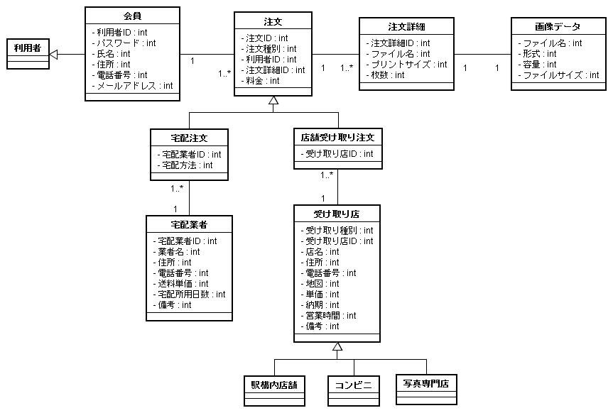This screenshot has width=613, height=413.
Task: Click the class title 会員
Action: click(132, 16)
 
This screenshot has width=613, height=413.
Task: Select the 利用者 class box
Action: click(28, 54)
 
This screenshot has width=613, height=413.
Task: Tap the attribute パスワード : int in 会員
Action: click(124, 43)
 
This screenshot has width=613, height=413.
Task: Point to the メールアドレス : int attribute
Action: click(132, 86)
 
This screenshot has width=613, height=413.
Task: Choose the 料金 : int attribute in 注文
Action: click(260, 81)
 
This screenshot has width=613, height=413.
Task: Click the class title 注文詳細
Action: click(406, 26)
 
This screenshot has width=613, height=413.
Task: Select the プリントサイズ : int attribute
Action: click(406, 65)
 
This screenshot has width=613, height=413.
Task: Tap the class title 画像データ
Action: click(558, 26)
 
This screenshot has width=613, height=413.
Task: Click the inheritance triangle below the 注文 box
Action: click(273, 101)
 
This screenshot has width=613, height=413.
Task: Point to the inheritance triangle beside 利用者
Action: click(53, 55)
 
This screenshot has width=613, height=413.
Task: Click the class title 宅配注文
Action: click(189, 138)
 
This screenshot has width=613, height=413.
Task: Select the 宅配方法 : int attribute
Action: click(185, 165)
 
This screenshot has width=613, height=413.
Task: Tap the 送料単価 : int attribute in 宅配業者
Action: click(180, 284)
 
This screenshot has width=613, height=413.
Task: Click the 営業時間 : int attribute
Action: click(328, 316)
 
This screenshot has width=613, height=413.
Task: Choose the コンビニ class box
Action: click(354, 391)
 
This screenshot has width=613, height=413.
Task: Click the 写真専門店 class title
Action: click(426, 384)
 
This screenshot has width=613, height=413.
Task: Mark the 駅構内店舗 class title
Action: click(274, 385)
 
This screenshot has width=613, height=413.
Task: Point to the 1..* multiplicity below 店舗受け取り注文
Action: click(327, 175)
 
